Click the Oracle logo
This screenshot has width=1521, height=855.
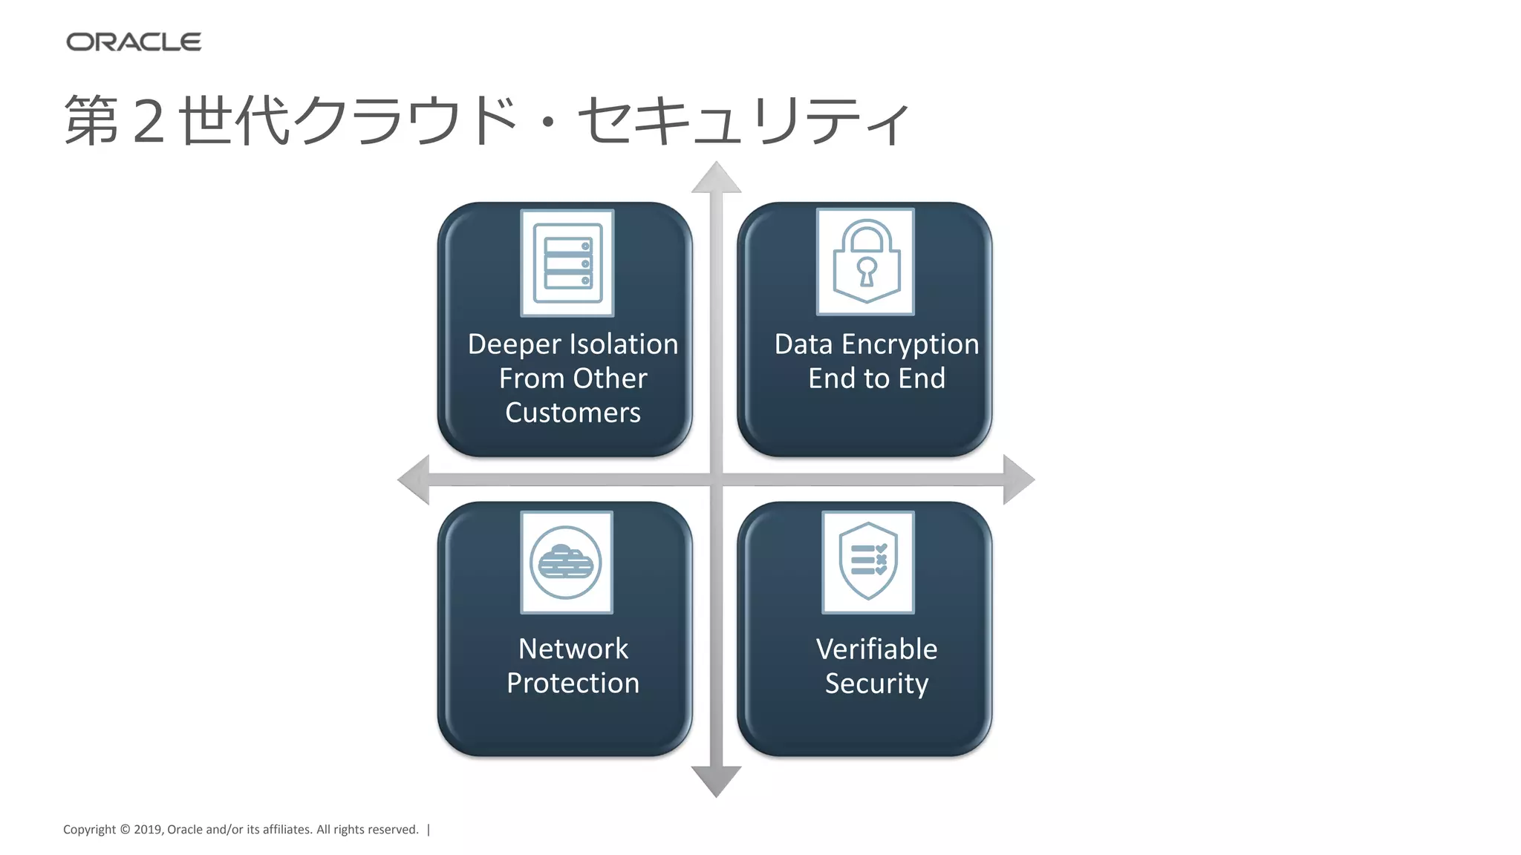coord(134,42)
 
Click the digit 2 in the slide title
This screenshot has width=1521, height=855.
coord(149,121)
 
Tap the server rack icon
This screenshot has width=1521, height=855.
coord(567,263)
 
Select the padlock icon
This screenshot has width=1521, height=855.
coord(866,261)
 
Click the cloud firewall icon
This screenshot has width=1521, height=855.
coord(566,563)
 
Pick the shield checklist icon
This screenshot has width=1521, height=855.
coord(867,562)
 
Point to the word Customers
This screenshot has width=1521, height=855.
coord(573,413)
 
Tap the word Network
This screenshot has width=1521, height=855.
coord(573,649)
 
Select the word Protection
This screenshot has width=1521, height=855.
coord(573,684)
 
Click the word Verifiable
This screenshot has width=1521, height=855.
coord(876,649)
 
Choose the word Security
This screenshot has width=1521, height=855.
coord(876,684)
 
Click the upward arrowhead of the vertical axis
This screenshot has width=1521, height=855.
coord(716,179)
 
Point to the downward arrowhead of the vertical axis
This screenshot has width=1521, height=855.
coord(716,781)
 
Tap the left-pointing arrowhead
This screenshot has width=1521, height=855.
coord(414,479)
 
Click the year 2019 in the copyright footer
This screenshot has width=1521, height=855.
coord(148,830)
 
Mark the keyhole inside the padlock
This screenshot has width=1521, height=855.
coord(866,271)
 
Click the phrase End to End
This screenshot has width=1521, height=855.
coord(876,379)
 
